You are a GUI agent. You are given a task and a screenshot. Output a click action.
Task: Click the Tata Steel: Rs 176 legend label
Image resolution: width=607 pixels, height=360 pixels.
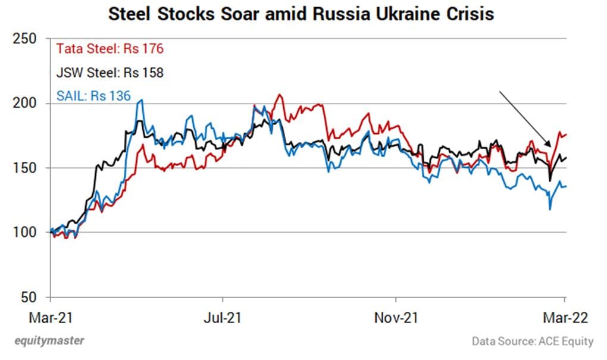(110, 49)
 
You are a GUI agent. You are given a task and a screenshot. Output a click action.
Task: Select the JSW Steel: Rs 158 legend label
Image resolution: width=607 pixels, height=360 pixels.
(109, 73)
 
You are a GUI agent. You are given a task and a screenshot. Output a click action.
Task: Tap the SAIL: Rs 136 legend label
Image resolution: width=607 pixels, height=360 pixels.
(93, 95)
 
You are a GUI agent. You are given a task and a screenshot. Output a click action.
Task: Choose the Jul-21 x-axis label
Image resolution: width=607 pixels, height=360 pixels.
(223, 318)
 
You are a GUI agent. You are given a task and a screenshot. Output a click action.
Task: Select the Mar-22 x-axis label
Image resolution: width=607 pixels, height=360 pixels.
(565, 318)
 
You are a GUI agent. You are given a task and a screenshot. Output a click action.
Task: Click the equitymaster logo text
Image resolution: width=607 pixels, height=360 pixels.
(49, 341)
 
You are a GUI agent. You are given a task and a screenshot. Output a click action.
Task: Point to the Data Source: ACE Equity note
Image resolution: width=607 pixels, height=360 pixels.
(533, 342)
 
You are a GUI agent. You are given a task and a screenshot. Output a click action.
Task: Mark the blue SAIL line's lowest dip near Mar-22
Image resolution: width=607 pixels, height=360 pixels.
(549, 209)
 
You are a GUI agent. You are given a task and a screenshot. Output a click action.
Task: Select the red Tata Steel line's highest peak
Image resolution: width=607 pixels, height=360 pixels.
(278, 95)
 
